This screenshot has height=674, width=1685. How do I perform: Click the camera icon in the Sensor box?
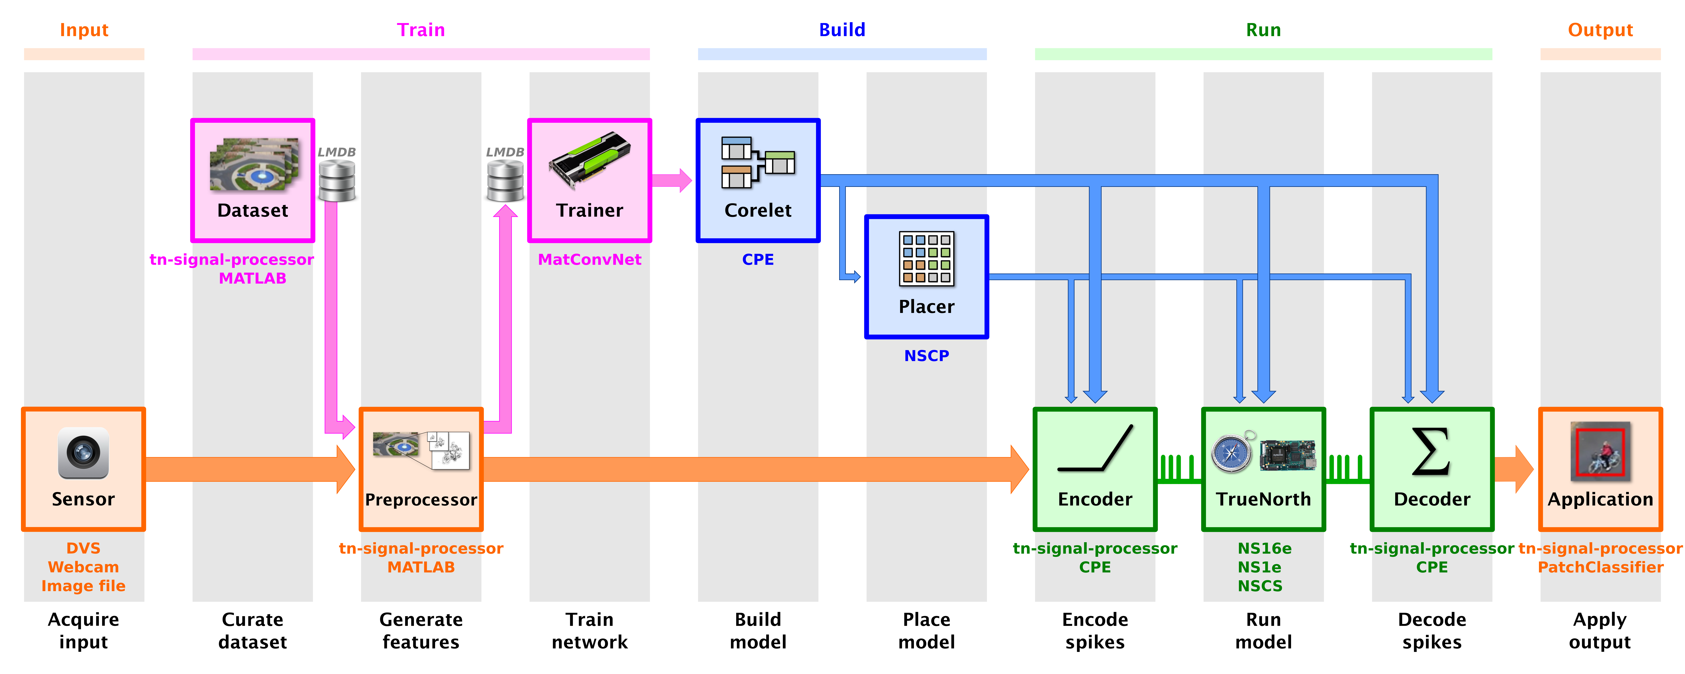point(83,453)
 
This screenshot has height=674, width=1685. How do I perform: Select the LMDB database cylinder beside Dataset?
point(337,181)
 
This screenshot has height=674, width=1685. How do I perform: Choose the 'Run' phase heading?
point(1263,30)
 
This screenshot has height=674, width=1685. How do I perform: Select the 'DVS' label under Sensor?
point(83,548)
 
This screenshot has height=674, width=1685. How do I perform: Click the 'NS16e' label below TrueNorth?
point(1264,548)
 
